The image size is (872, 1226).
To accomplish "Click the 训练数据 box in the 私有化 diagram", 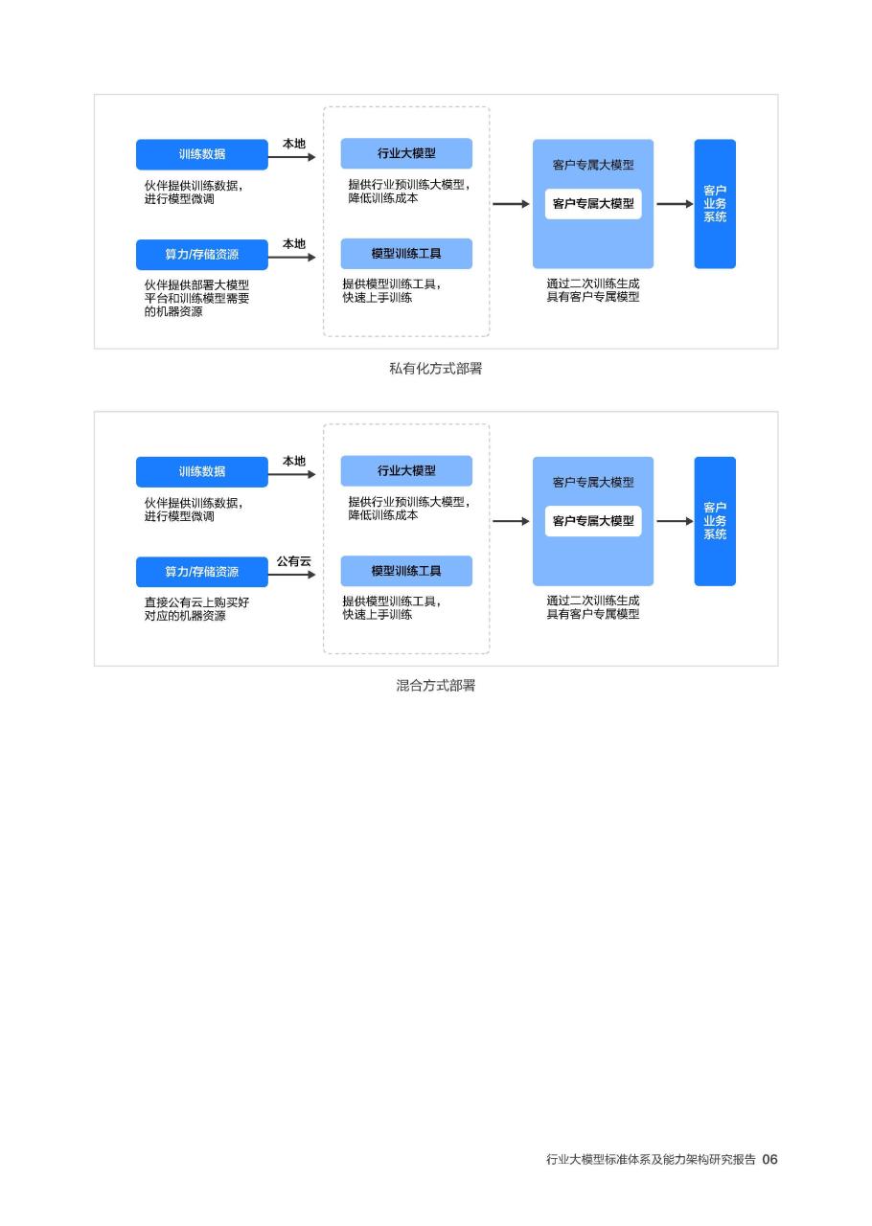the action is click(201, 154).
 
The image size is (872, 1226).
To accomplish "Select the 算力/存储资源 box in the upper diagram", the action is click(201, 255).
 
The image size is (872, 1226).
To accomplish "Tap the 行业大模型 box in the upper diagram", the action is click(406, 153).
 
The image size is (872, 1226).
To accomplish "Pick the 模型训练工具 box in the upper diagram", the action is click(406, 254).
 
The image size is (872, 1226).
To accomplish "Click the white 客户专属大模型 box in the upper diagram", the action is click(593, 204).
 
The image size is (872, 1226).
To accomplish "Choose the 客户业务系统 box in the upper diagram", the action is click(715, 204).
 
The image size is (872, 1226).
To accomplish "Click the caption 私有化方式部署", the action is click(435, 369).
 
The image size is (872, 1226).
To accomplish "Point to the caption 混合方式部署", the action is click(435, 685).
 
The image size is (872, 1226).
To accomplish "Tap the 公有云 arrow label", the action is click(293, 561).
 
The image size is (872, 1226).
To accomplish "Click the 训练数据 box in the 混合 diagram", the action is click(201, 472).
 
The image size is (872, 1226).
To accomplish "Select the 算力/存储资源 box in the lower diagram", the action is click(201, 572).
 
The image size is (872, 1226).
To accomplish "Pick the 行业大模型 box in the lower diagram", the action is click(406, 470).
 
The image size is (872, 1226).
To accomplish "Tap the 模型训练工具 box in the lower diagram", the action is click(406, 571).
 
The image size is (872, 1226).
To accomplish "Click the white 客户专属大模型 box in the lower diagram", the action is click(593, 521).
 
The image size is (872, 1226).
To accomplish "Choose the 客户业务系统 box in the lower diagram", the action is click(715, 521).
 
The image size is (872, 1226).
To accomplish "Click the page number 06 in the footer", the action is click(769, 1159).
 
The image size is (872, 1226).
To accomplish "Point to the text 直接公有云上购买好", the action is click(196, 602).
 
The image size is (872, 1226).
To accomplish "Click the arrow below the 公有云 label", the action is click(292, 575).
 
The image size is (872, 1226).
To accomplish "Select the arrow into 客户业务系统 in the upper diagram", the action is click(675, 204).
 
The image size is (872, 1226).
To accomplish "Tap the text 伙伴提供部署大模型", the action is click(196, 284).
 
